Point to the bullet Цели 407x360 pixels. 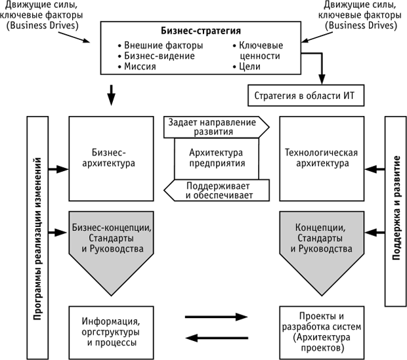(246, 67)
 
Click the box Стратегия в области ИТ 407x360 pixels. (304, 96)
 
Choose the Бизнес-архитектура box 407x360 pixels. (110, 158)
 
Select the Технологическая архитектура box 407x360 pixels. (320, 158)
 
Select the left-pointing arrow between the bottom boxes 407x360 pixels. (215, 338)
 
